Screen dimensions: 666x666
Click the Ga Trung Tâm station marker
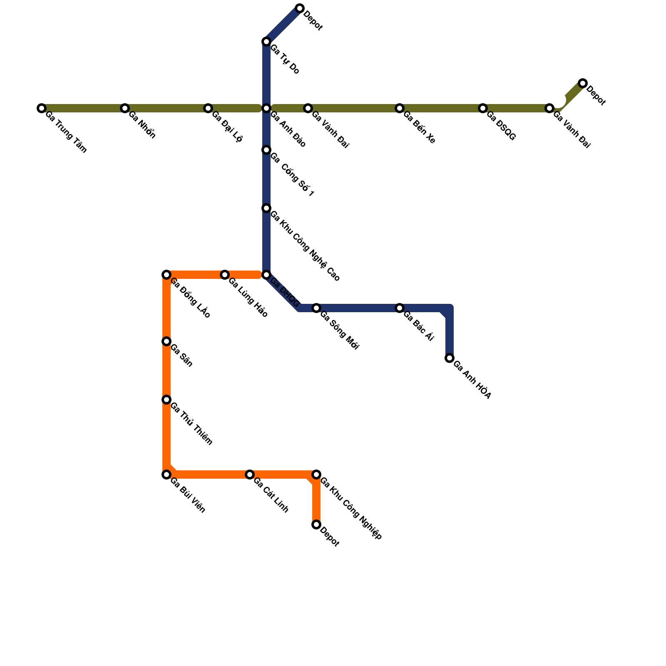coord(41,108)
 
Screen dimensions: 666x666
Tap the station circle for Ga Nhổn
coord(125,108)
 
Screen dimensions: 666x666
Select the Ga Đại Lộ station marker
coord(208,108)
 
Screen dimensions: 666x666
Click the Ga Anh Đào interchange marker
coord(266,108)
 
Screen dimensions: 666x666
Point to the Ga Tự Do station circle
coord(266,42)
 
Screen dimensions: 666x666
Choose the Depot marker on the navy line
coord(300,8)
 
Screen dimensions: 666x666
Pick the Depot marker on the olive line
coord(583,83)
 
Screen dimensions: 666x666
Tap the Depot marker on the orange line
coord(316,524)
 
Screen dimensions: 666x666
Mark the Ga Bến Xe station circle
coord(400,108)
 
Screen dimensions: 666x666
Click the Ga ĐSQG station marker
coord(483,108)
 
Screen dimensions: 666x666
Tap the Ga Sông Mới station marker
coord(316,308)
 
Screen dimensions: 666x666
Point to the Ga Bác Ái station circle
coord(400,308)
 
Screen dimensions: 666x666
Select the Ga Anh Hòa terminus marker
coord(450,358)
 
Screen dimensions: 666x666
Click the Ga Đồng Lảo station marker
coord(166,275)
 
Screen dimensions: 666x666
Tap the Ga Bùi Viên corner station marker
coord(166,475)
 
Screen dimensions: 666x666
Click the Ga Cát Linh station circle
coord(250,475)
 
